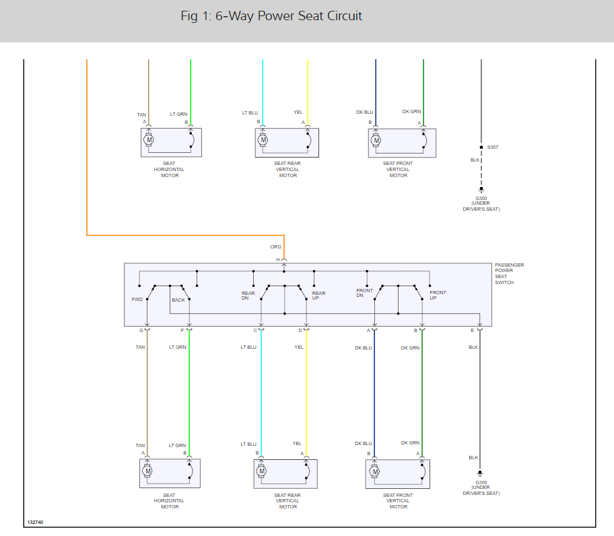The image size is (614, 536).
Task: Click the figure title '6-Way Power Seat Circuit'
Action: (x=271, y=16)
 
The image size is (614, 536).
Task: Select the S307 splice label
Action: (x=493, y=147)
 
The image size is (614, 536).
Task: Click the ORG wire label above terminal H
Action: (x=276, y=247)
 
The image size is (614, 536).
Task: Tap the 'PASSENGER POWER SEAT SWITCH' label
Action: (x=510, y=274)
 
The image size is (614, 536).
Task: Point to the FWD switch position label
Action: (x=137, y=298)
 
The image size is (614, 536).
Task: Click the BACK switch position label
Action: (x=178, y=300)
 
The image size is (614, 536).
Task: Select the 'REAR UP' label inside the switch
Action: (x=318, y=296)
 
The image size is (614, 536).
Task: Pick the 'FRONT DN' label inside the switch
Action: (x=364, y=293)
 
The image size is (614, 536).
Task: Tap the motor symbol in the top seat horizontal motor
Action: (x=149, y=140)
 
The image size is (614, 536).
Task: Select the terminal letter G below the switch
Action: (x=141, y=331)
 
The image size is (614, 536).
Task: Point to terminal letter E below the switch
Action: (x=473, y=331)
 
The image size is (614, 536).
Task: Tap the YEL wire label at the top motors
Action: (x=298, y=112)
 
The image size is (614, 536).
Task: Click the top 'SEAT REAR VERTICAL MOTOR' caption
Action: (x=287, y=170)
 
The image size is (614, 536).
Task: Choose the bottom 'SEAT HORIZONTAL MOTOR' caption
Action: (x=170, y=501)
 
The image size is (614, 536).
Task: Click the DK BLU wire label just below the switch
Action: (x=363, y=348)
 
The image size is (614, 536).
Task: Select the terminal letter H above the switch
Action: (x=277, y=259)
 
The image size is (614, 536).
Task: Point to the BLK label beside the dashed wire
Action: (x=474, y=160)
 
